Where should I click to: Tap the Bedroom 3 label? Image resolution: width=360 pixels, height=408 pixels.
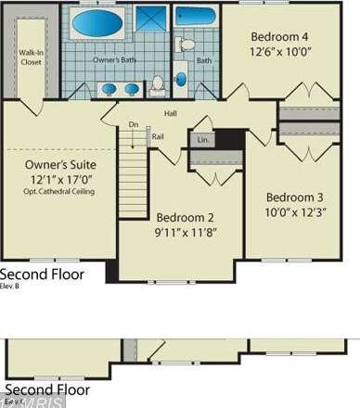click(x=294, y=197)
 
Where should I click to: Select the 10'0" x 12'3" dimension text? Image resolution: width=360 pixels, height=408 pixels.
click(x=294, y=212)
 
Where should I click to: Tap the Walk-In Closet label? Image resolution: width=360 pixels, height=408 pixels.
click(x=31, y=57)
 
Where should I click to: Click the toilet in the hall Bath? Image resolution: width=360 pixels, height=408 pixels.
click(x=186, y=44)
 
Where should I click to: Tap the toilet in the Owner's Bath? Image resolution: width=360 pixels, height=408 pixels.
click(x=158, y=84)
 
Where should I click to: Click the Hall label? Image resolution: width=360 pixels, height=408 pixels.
click(x=171, y=113)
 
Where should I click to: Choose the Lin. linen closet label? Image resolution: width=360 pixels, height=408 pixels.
click(x=201, y=140)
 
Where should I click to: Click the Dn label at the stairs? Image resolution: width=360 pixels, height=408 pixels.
click(x=134, y=124)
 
